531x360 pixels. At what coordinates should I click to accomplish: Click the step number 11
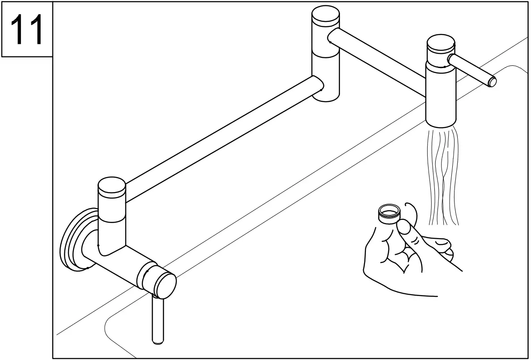tap(27, 30)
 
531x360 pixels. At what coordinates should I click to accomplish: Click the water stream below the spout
tap(443, 175)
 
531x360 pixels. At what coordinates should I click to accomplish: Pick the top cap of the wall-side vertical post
tap(111, 185)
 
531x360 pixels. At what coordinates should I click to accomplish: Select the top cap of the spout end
tap(441, 44)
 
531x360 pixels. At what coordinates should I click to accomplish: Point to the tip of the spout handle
tap(493, 81)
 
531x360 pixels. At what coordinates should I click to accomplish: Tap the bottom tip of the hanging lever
tap(158, 341)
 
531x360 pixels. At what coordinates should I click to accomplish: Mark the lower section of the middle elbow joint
tap(325, 76)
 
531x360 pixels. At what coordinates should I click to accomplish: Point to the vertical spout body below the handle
tap(441, 96)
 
